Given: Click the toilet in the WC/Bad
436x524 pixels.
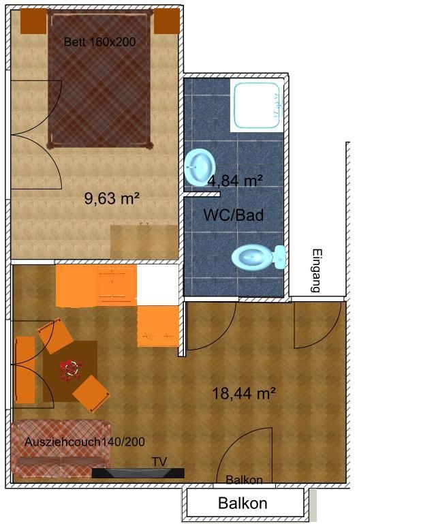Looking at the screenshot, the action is (258, 258).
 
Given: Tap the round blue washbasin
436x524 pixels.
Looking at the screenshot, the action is (200, 167).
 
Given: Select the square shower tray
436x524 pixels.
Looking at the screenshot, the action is (257, 106).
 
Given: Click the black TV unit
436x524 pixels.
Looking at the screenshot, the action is (138, 473).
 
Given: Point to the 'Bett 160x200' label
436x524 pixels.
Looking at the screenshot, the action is (99, 42).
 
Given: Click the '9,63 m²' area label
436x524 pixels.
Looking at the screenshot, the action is (112, 198).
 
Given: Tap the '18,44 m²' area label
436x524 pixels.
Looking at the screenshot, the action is (244, 393).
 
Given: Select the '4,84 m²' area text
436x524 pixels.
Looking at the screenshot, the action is (235, 181).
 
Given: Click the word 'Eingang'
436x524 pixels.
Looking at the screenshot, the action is (316, 271).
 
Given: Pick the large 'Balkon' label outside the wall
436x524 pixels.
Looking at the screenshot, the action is (243, 503).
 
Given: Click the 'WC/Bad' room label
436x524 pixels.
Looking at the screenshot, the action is (234, 215).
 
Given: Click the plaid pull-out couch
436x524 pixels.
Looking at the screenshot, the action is (61, 450).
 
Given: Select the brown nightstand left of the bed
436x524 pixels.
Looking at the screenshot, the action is (33, 21).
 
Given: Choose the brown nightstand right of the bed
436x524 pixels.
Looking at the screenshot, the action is (167, 21).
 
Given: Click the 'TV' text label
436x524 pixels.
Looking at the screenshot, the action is (159, 462).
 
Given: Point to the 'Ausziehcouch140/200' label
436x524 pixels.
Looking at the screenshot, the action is (84, 442).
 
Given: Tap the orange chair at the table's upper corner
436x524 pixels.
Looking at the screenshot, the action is (55, 335).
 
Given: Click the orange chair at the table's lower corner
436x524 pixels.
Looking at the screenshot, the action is (91, 394).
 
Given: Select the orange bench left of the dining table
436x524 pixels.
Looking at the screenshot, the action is (25, 370).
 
